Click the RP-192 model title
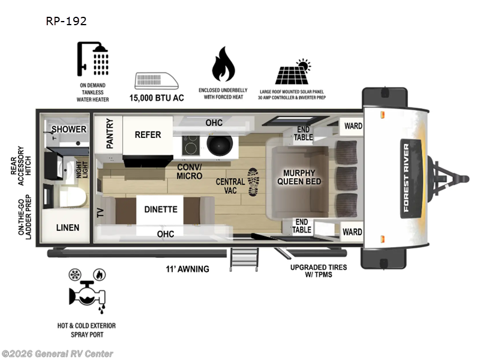coord(66,21)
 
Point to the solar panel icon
coord(292,73)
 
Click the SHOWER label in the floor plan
coord(68,129)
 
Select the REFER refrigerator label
coord(148,134)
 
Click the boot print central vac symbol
coord(253,181)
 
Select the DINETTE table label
coord(160,209)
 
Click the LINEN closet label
coord(68,227)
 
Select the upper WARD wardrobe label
coord(352,126)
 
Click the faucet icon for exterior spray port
coord(86,291)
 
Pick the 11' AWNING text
coord(188,269)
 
